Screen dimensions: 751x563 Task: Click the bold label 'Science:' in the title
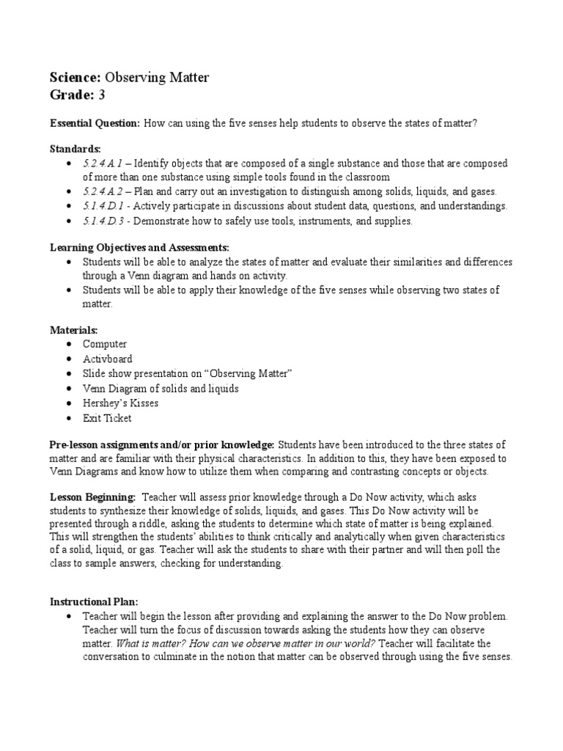[76, 78]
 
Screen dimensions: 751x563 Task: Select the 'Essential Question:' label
[95, 123]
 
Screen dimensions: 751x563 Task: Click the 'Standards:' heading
[76, 149]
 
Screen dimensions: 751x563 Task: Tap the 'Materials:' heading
[73, 330]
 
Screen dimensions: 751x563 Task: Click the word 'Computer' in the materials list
[105, 344]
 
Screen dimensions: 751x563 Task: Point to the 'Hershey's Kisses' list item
[120, 403]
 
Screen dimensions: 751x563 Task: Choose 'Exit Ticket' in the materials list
[107, 418]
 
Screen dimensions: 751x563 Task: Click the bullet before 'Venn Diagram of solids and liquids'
[69, 389]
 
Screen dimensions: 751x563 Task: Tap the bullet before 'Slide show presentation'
[69, 374]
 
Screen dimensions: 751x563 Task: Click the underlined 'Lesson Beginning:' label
[92, 496]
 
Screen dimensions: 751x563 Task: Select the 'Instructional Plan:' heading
[93, 601]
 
